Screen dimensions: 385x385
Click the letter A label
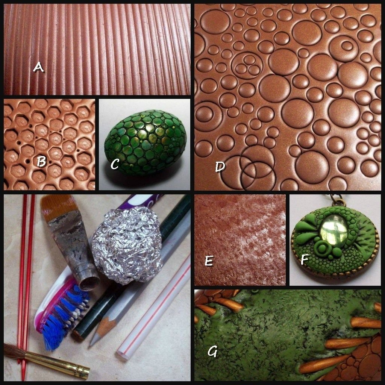pyautogui.click(x=38, y=67)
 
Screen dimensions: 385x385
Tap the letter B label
pyautogui.click(x=42, y=162)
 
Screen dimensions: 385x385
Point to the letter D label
pyautogui.click(x=220, y=167)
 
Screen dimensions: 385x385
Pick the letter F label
pyautogui.click(x=305, y=259)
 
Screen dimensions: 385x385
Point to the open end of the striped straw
pyautogui.click(x=123, y=356)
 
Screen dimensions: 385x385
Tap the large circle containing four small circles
pyautogui.click(x=247, y=65)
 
